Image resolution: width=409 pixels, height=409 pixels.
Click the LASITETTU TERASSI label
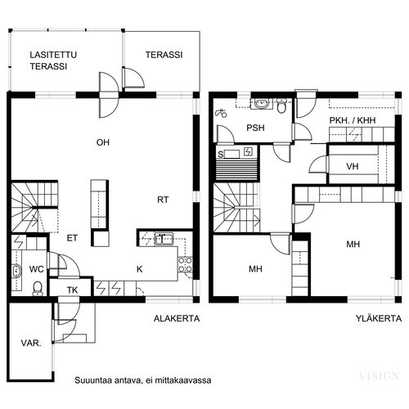pyautogui.click(x=53, y=61)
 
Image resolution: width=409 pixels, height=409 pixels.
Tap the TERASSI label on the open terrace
pyautogui.click(x=164, y=55)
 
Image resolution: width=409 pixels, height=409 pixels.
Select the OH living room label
pyautogui.click(x=103, y=142)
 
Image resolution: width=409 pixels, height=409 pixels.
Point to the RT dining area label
pyautogui.click(x=163, y=200)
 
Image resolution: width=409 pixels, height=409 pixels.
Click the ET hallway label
pyautogui.click(x=72, y=238)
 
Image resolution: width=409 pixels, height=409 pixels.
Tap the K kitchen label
pyautogui.click(x=139, y=269)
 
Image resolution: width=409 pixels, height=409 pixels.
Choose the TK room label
pyautogui.click(x=72, y=290)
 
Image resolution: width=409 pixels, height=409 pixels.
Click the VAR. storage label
pyautogui.click(x=31, y=343)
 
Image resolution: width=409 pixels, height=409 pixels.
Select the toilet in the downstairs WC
pyautogui.click(x=38, y=289)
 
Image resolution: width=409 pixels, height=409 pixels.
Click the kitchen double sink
pyautogui.click(x=164, y=239)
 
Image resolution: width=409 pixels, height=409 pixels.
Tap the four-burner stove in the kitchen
pyautogui.click(x=185, y=265)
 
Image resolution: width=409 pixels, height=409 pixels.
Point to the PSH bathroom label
pyautogui.click(x=255, y=128)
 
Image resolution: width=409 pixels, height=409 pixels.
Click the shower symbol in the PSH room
pyautogui.click(x=221, y=113)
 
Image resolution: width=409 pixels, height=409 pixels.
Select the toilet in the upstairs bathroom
pyautogui.click(x=281, y=106)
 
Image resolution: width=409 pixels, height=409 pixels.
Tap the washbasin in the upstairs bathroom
pyautogui.click(x=262, y=104)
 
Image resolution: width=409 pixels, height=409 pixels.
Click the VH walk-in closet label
pyautogui.click(x=353, y=166)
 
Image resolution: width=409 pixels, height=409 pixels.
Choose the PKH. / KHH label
pyautogui.click(x=353, y=120)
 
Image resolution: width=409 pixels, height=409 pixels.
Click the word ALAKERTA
pyautogui.click(x=177, y=318)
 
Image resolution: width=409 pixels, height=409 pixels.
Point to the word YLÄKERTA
pyautogui.click(x=379, y=318)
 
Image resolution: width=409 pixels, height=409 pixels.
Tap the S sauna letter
pyautogui.click(x=220, y=155)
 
